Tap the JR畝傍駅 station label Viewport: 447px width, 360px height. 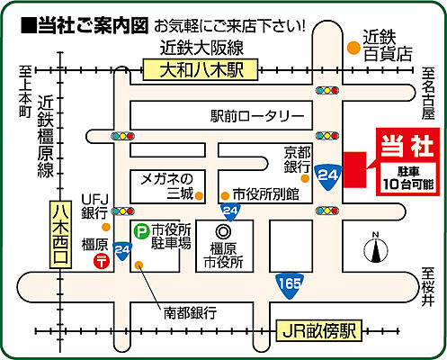[317, 330]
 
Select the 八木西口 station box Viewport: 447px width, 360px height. [60, 232]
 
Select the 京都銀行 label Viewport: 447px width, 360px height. [298, 160]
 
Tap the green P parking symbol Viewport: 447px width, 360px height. [141, 231]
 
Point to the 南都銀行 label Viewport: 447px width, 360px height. [189, 313]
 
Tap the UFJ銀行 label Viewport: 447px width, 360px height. [94, 206]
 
